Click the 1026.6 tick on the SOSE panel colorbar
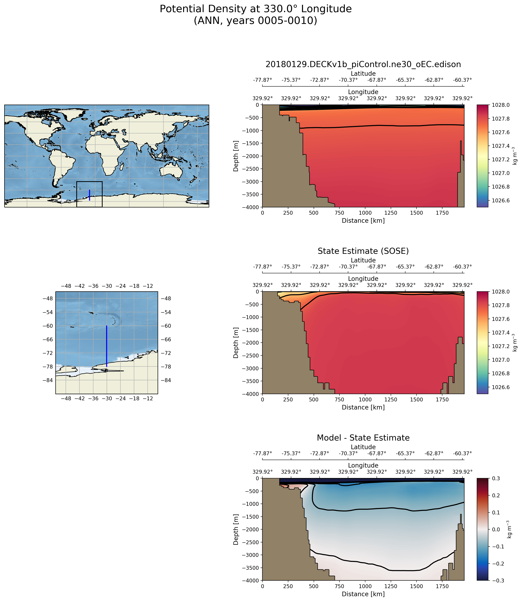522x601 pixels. click(501, 387)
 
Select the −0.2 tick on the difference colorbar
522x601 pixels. click(498, 564)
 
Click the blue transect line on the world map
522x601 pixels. click(89, 195)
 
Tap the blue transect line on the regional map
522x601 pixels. click(107, 346)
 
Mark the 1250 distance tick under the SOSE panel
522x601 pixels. click(391, 400)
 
